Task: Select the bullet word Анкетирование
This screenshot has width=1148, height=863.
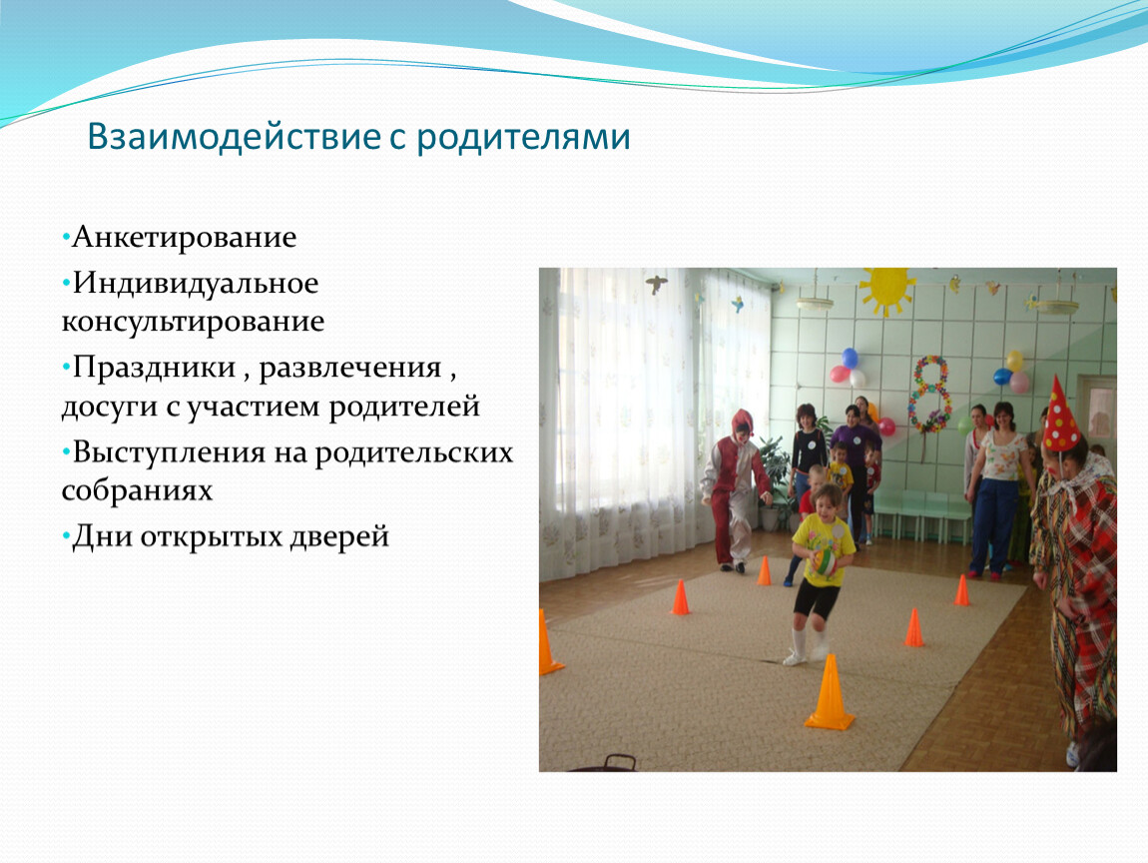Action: tap(184, 238)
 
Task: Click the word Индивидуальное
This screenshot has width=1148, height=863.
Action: tap(196, 285)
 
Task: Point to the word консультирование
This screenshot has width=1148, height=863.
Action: tap(193, 323)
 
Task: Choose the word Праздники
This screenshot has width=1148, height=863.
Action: tap(154, 369)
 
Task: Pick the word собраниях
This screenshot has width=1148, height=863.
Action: tap(137, 490)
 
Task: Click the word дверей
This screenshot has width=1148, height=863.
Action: tap(339, 537)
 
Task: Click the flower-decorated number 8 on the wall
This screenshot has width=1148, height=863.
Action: tap(929, 395)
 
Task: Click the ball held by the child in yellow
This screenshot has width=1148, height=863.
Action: tap(825, 562)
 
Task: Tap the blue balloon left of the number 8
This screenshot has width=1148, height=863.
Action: tap(850, 359)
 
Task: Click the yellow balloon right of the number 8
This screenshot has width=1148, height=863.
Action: tap(1015, 361)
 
